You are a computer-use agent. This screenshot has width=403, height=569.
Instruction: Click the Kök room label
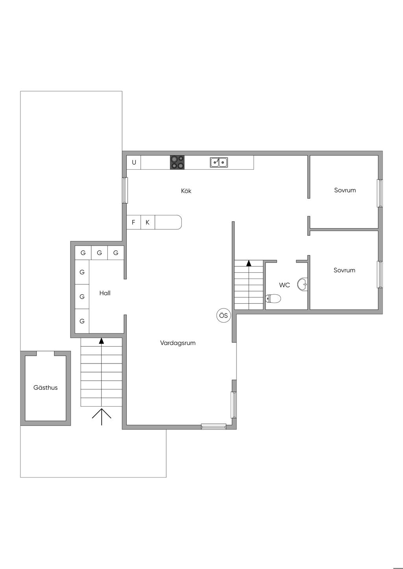pyautogui.click(x=186, y=191)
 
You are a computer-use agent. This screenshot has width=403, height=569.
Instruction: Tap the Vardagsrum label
pyautogui.click(x=177, y=343)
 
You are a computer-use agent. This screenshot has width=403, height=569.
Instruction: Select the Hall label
pyautogui.click(x=105, y=293)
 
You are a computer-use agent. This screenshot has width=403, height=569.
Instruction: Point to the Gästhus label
pyautogui.click(x=45, y=387)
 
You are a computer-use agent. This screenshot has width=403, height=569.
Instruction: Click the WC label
pyautogui.click(x=285, y=285)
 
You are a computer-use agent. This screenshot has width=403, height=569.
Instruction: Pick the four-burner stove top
pyautogui.click(x=177, y=162)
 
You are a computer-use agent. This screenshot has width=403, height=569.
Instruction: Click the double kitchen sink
pyautogui.click(x=219, y=162)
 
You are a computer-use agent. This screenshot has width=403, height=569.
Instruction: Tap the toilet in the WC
pyautogui.click(x=273, y=299)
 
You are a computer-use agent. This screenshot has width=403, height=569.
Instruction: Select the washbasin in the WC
pyautogui.click(x=302, y=284)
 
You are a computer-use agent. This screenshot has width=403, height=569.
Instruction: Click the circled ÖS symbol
pyautogui.click(x=224, y=316)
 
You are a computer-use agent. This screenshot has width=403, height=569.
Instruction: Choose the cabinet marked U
pyautogui.click(x=134, y=162)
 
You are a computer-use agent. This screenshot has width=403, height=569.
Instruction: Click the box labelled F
pyautogui.click(x=133, y=222)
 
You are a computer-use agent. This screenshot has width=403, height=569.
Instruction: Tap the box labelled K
pyautogui.click(x=148, y=222)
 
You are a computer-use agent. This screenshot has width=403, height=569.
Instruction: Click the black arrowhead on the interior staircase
pyautogui.click(x=249, y=263)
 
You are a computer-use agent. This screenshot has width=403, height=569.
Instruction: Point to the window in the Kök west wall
pyautogui.click(x=125, y=190)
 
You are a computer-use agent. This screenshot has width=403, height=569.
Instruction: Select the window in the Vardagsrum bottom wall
pyautogui.click(x=214, y=426)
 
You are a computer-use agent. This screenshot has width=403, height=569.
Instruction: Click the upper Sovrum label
pyautogui.click(x=345, y=190)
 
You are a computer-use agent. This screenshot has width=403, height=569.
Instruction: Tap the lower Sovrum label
pyautogui.click(x=344, y=270)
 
